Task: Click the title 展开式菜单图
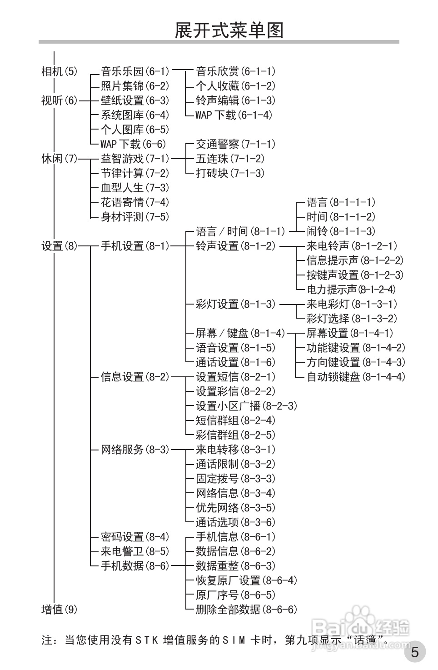click(229, 30)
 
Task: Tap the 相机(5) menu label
click(60, 71)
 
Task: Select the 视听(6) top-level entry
click(60, 100)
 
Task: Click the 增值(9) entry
click(60, 610)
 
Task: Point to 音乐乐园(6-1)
click(135, 71)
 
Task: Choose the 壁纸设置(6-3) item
click(135, 100)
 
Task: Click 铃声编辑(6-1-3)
click(235, 100)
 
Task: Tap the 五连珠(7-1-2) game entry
click(230, 159)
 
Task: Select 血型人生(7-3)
click(135, 188)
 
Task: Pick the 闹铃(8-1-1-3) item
click(341, 231)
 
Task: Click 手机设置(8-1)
click(135, 246)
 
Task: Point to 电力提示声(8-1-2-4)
click(351, 290)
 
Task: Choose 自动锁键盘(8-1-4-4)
click(356, 377)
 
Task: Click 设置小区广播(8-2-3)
click(246, 406)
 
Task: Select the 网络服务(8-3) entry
click(135, 450)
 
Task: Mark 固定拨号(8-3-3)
click(235, 479)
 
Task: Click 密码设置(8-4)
click(135, 537)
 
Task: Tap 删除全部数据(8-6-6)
click(246, 610)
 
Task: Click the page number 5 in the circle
click(414, 653)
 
